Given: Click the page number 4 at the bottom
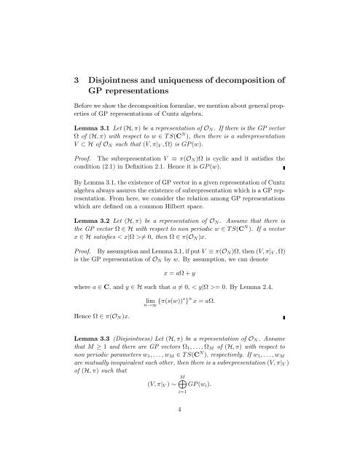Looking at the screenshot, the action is [179, 449].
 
